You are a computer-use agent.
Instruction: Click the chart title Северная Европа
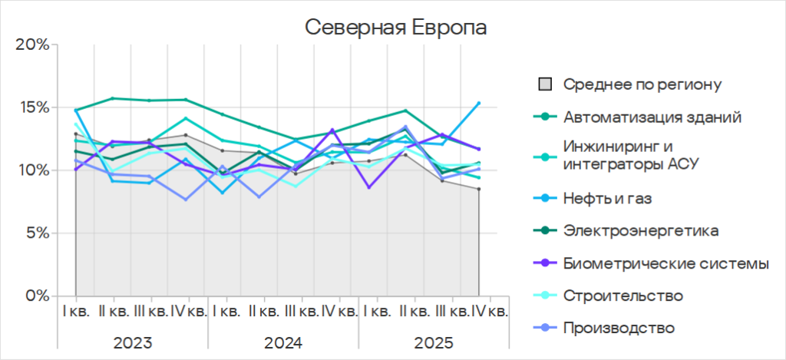point(396,27)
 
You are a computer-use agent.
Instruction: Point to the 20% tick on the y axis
point(32,45)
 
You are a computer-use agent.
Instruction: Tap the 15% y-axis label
point(33,107)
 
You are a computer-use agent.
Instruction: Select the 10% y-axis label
point(33,170)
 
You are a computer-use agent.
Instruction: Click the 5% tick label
point(36,233)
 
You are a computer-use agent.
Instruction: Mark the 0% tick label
point(36,296)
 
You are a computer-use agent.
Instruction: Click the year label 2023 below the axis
point(132,342)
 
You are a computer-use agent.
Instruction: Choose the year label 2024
point(283,342)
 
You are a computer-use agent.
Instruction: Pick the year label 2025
point(434,342)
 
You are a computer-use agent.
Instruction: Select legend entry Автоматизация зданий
point(652,117)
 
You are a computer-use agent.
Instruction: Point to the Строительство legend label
point(623,296)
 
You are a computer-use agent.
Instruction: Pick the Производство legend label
point(619,328)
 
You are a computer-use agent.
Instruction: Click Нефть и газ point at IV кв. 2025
point(479,103)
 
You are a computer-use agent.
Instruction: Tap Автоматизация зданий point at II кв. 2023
point(113,98)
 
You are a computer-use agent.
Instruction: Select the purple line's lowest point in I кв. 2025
point(369,187)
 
